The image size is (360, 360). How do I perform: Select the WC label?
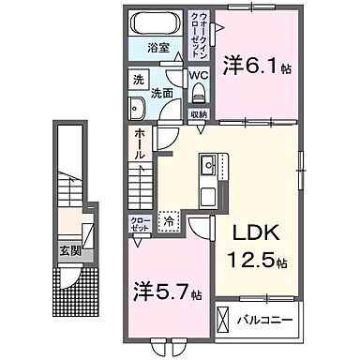pyautogui.click(x=199, y=75)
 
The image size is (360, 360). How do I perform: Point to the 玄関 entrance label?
pyautogui.click(x=70, y=250)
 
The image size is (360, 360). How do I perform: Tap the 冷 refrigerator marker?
pyautogui.click(x=169, y=222)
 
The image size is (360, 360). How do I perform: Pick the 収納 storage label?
pyautogui.click(x=199, y=115)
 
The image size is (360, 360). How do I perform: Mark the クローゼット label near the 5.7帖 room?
pyautogui.click(x=139, y=224)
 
